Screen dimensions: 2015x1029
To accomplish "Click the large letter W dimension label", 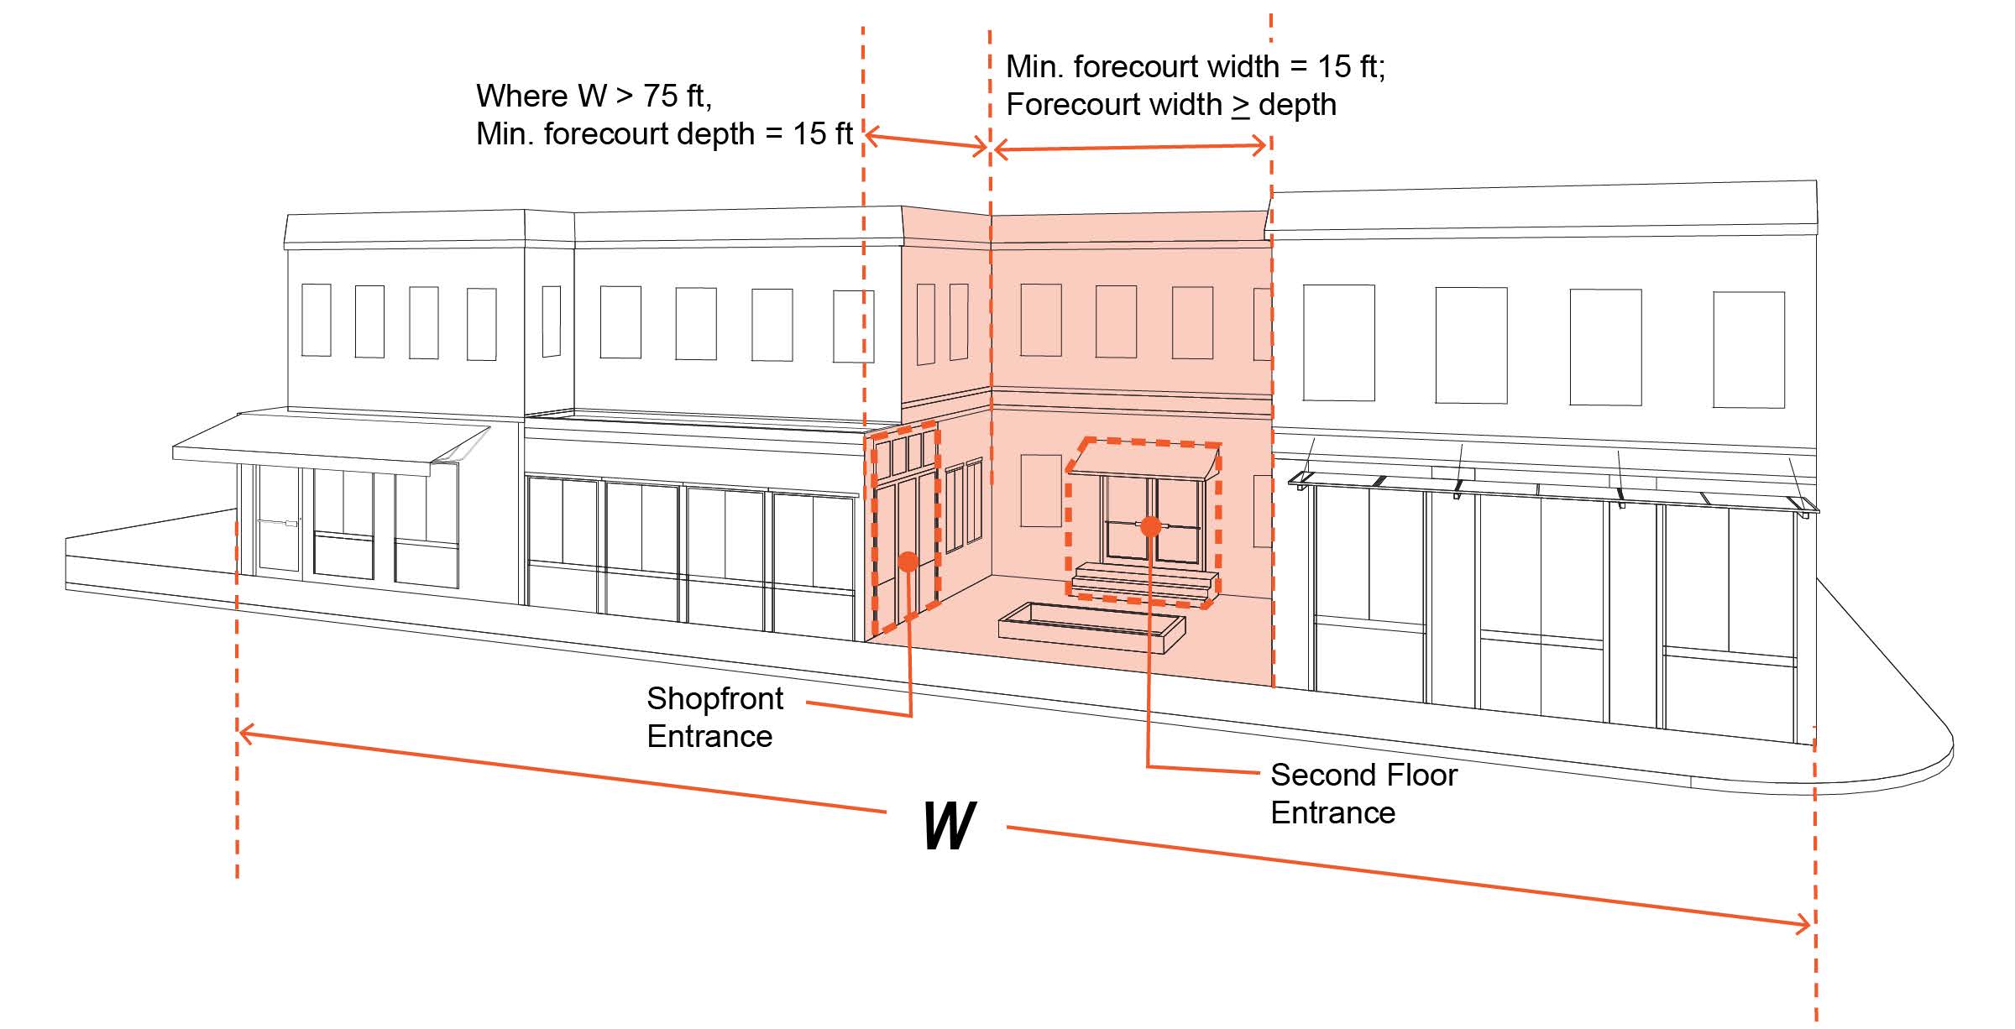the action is pos(949,826).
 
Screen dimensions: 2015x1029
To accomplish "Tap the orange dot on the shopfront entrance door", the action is pos(908,562).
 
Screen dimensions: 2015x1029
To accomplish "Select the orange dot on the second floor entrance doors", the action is pos(1151,526).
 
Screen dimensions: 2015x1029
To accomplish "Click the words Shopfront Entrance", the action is pos(714,717).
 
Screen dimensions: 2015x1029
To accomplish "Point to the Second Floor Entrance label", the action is pos(1363,793).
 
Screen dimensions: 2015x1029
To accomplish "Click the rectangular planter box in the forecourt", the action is pos(1091,627).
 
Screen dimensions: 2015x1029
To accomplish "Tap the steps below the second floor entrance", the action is pos(1144,581).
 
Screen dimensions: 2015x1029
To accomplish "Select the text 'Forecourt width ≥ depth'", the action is pos(1170,105).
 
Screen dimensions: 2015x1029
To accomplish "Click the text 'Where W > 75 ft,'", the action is pos(594,96).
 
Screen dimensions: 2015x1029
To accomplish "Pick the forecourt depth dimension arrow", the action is pos(926,141).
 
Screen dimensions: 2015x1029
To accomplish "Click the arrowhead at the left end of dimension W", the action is pos(245,735).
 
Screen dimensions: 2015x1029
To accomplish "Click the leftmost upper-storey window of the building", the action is pos(316,320).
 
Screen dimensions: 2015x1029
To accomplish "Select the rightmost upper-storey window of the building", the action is pos(1748,349).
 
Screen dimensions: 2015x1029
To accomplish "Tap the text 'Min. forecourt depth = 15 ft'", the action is pos(663,134).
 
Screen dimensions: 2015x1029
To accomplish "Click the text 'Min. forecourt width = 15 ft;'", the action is pos(1195,66).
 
